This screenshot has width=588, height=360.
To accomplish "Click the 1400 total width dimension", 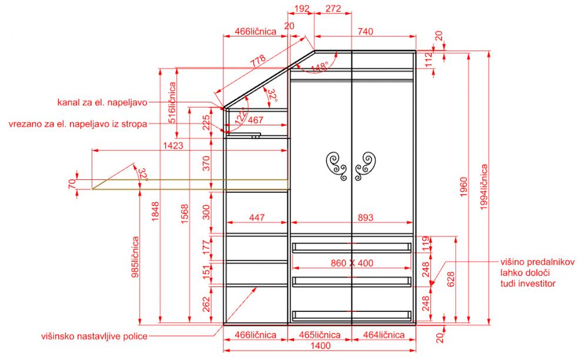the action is pos(320,345).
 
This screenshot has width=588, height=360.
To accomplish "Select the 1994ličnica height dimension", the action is pos(484,186).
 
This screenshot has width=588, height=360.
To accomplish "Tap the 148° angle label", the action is pos(319,67).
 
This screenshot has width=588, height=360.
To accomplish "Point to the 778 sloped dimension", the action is pos(258,61).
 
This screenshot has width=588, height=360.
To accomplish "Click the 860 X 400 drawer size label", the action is pos(352,264).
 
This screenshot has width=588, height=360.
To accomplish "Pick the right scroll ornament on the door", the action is pos(365,166).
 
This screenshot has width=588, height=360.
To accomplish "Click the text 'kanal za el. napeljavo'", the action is pos(102,102).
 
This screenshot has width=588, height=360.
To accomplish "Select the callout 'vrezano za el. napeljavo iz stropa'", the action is pos(78,124).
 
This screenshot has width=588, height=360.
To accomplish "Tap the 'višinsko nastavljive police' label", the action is pos(94,336).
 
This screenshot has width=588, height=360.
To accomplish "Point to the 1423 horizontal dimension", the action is pos(173,145).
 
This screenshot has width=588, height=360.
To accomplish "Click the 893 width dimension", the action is pos(365,218).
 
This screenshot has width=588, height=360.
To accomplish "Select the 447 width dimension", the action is pos(257,218).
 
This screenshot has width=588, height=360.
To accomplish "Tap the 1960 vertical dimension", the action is pos(464,187).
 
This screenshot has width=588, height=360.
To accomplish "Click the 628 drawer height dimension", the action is pos(450,279).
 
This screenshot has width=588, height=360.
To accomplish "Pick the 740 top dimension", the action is pos(365,32).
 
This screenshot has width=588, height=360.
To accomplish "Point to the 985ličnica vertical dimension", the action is pos(135,257).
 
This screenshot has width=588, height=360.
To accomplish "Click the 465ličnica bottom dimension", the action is pos(320,335).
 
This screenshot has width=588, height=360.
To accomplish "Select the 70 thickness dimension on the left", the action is pos(72,184).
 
